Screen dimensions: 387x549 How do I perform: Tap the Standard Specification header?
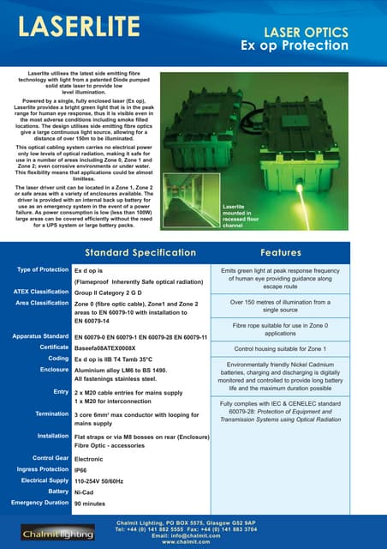pos(140,253)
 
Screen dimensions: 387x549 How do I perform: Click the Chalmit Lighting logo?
pos(44,533)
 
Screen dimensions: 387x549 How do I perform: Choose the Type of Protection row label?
pos(40,269)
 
